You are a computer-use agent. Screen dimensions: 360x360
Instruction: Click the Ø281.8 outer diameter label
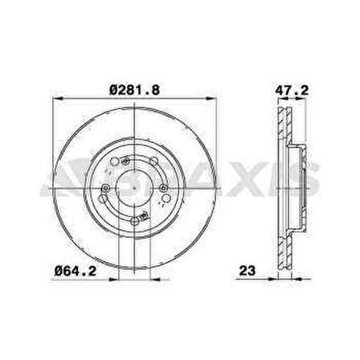(135, 90)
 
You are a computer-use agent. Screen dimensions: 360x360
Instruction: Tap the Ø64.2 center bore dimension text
(75, 271)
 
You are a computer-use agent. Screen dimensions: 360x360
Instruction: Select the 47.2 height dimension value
(292, 90)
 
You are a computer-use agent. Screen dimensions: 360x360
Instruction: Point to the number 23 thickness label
(247, 271)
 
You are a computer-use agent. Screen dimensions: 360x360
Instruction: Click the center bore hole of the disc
(134, 188)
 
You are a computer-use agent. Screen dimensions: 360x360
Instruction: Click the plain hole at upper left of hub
(114, 162)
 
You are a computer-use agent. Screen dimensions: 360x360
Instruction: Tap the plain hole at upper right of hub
(153, 161)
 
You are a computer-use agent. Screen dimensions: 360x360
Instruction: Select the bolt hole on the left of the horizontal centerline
(106, 188)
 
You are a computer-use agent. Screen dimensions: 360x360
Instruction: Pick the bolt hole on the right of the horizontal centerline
(163, 188)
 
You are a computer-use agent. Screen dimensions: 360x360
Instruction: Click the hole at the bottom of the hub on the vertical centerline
(135, 221)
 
